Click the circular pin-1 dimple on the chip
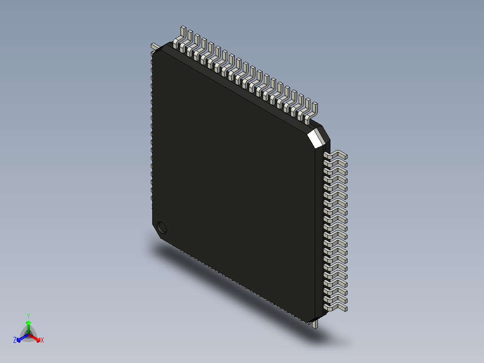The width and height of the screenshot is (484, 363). (x=162, y=227)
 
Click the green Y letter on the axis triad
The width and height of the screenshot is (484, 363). (x=28, y=316)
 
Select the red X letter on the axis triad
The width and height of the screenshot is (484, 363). (x=42, y=341)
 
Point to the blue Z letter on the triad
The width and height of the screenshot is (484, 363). (x=15, y=341)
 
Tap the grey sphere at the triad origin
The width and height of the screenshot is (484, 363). (x=28, y=335)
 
